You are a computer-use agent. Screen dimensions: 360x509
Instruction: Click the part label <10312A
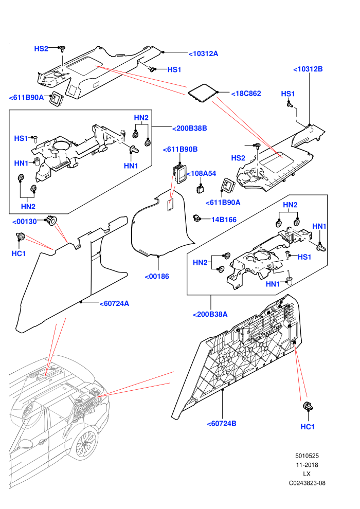[204, 54]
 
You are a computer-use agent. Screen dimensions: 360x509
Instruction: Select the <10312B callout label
[308, 69]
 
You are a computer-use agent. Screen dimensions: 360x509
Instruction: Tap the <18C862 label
[246, 94]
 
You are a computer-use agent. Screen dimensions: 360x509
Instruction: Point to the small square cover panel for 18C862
[203, 94]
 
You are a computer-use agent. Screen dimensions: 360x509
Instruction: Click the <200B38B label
[190, 128]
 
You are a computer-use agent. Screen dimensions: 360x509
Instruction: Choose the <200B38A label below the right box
[210, 314]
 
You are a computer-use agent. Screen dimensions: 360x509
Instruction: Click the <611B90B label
[180, 149]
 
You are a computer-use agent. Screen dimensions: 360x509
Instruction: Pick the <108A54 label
[201, 173]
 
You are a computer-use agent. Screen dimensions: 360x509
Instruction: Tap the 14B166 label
[224, 220]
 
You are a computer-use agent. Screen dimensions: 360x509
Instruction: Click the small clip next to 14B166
[197, 218]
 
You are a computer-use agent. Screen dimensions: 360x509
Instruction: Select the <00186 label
[157, 277]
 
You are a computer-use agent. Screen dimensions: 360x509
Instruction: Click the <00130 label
[25, 222]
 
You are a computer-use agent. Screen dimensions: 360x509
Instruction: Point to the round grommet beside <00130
[51, 220]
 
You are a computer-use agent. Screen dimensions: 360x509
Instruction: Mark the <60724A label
[114, 303]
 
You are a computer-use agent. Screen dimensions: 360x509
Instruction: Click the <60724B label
[222, 424]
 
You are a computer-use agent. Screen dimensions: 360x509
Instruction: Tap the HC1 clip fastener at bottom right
[308, 406]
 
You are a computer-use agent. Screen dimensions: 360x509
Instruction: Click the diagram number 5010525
[307, 456]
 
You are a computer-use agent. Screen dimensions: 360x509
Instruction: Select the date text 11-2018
[307, 465]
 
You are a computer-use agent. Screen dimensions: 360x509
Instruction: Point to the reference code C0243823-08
[307, 483]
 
